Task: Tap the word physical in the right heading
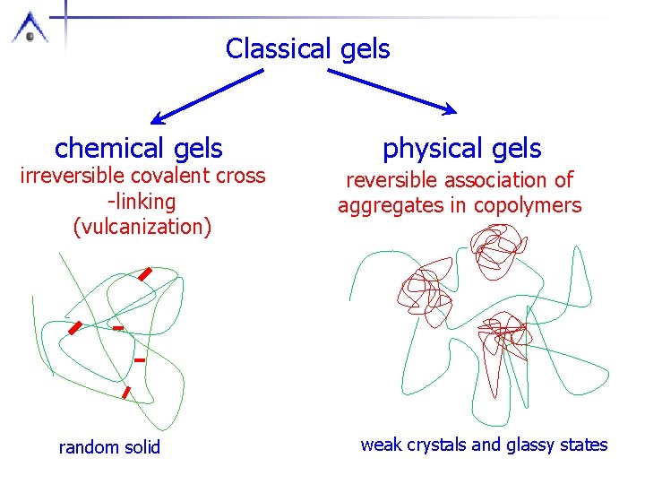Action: (x=424, y=148)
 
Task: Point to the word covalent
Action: (x=178, y=176)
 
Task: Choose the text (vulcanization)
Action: (x=142, y=226)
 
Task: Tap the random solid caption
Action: (x=109, y=446)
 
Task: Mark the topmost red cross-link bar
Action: (x=145, y=274)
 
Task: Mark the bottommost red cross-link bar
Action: (x=126, y=392)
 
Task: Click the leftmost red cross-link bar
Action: (x=75, y=327)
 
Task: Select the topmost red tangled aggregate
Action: (x=491, y=247)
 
